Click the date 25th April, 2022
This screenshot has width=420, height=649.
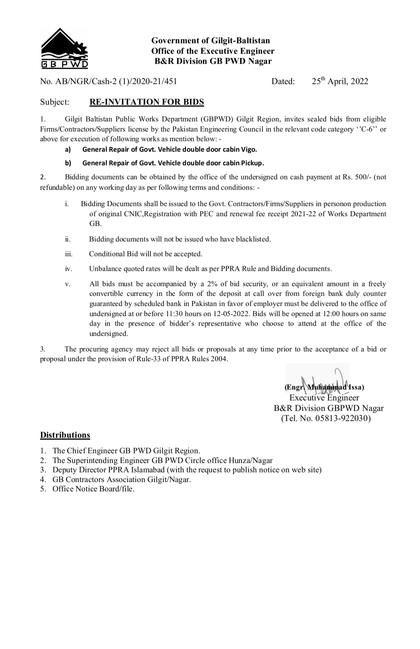point(339,81)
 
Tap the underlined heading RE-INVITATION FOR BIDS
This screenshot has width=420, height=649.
point(147,102)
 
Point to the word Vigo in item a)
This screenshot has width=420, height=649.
point(248,149)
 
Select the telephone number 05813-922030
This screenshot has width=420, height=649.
point(342,419)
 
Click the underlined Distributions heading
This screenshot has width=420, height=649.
point(65,435)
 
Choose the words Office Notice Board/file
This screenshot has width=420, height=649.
point(93,489)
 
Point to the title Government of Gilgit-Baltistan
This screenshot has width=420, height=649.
point(210,40)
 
